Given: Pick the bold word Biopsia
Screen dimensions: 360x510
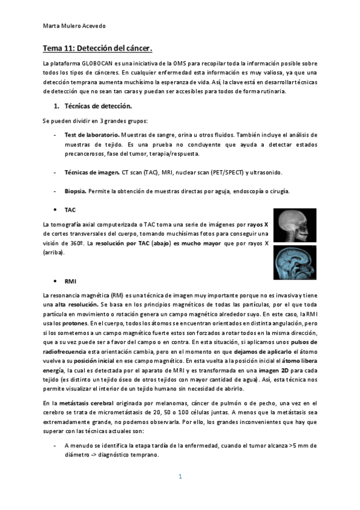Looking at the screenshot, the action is [75, 191].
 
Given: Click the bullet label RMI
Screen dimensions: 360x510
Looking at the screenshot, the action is [70, 281].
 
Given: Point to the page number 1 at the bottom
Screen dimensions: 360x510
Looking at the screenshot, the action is [180, 476].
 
